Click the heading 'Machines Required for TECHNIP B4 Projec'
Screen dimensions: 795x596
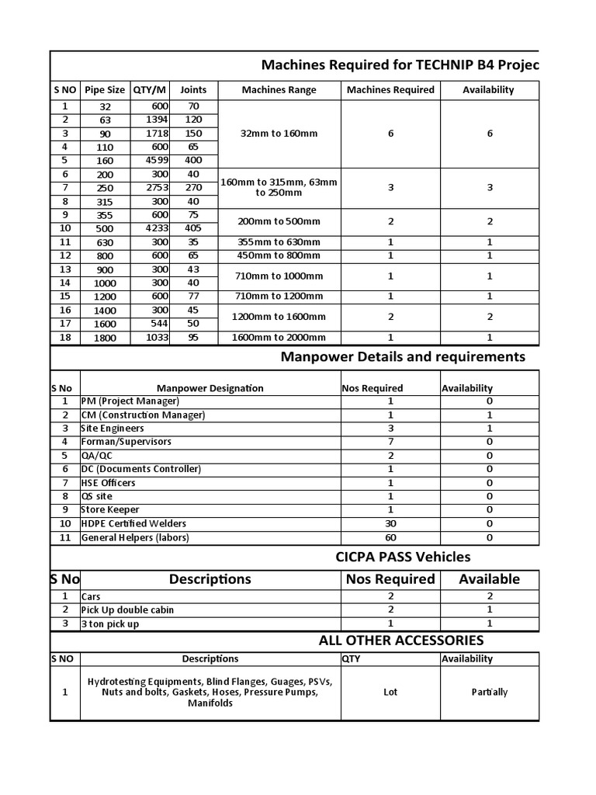(x=399, y=64)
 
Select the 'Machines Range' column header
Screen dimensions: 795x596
(x=279, y=90)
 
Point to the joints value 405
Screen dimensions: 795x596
(x=193, y=228)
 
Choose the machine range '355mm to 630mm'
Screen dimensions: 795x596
(x=279, y=242)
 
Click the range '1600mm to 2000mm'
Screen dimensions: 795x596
(x=279, y=338)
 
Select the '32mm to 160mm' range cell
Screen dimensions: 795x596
(x=279, y=134)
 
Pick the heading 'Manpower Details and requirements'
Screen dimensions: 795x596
(x=402, y=357)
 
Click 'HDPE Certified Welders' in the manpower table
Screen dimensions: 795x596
(x=133, y=524)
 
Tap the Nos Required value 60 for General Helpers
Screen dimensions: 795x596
(x=390, y=537)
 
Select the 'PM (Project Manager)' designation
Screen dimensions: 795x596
(x=130, y=401)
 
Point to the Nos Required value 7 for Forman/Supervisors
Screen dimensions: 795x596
(x=390, y=442)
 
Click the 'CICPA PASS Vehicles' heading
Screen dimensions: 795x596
(x=402, y=557)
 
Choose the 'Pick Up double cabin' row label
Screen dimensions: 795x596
(x=127, y=610)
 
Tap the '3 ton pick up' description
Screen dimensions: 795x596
(x=110, y=624)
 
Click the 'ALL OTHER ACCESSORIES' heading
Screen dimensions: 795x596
(x=400, y=641)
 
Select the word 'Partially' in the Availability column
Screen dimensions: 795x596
(x=489, y=692)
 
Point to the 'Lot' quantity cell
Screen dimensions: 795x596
(x=390, y=692)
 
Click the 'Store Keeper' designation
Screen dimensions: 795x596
(x=110, y=510)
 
